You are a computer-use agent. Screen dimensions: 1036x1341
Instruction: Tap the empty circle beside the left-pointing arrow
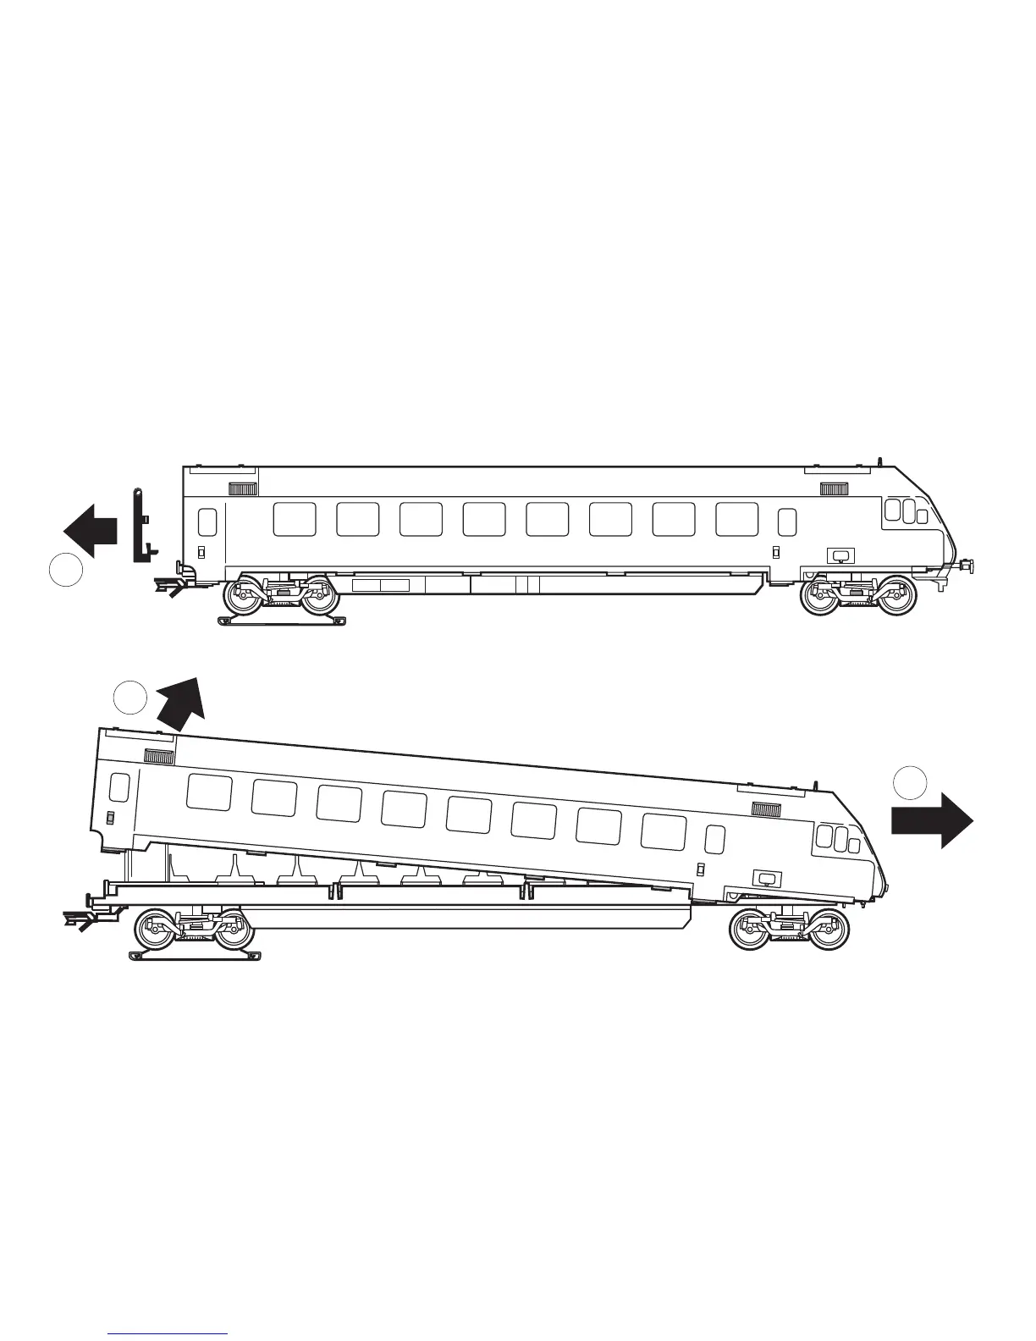[x=64, y=569]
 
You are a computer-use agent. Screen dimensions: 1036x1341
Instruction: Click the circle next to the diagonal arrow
[x=130, y=697]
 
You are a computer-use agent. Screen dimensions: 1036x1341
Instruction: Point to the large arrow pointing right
[x=932, y=819]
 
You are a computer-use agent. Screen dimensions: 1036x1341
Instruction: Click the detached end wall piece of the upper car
[x=140, y=527]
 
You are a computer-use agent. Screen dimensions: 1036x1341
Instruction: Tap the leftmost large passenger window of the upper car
[x=295, y=519]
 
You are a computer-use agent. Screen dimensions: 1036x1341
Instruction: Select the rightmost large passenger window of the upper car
[x=736, y=519]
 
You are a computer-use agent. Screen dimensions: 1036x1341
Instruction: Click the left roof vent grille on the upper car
[x=243, y=488]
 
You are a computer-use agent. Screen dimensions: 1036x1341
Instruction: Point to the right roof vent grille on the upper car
[x=834, y=488]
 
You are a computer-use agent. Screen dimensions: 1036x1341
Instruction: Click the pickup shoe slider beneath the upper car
[x=282, y=621]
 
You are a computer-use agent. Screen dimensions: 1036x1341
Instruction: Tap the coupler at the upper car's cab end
[x=962, y=565]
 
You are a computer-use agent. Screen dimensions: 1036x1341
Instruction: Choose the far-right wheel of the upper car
[x=897, y=595]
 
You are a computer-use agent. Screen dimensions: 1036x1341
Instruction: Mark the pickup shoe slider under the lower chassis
[x=194, y=956]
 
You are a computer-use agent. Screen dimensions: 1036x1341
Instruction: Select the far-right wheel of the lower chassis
[x=827, y=930]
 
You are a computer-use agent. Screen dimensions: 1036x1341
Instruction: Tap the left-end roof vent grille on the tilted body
[x=159, y=757]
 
